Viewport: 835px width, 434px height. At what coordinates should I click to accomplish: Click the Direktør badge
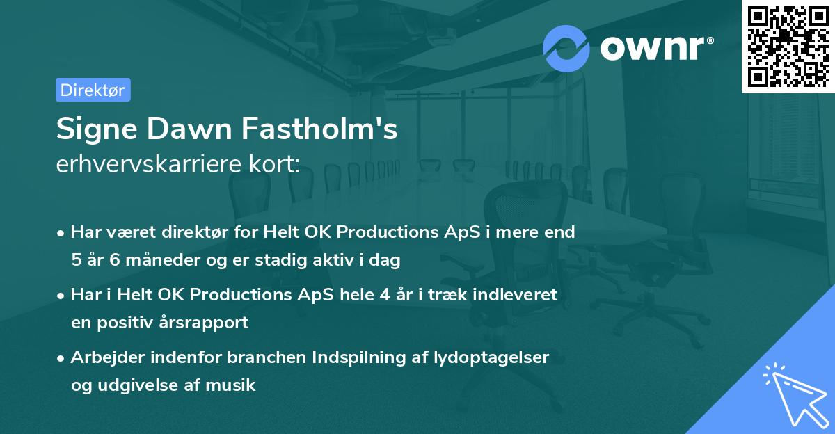93,90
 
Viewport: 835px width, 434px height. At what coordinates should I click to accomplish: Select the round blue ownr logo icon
566,48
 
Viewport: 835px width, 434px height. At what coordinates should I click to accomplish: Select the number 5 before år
76,260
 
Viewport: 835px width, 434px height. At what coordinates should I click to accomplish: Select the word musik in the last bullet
234,385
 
